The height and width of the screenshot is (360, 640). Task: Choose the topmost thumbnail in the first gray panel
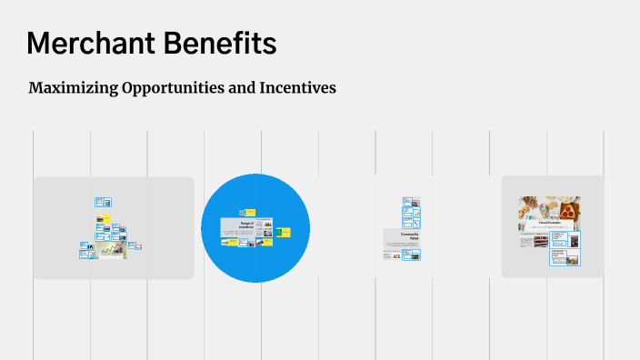point(103,202)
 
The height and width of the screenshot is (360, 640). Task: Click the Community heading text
point(409,236)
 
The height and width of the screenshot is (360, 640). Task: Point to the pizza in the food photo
point(563,207)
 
